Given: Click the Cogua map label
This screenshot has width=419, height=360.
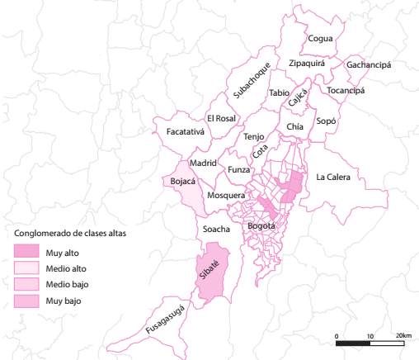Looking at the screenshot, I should (x=320, y=38).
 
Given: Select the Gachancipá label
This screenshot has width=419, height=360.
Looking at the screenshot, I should (x=369, y=64).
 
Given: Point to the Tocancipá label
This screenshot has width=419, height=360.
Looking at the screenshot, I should (x=346, y=90).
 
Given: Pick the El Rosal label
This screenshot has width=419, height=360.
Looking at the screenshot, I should (x=222, y=119).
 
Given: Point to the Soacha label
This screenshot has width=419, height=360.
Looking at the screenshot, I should (x=216, y=229).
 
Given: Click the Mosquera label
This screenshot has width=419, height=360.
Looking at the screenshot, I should (x=225, y=196).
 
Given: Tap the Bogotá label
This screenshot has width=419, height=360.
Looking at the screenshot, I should (x=261, y=225).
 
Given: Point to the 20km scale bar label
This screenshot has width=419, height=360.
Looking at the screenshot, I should (x=403, y=335).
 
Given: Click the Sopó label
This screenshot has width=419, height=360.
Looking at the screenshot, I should (x=327, y=120).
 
